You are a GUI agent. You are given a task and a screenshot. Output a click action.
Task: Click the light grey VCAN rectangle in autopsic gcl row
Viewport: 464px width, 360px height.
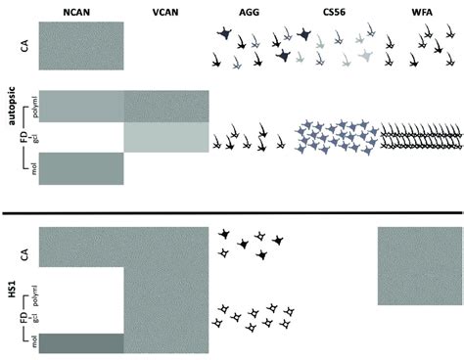click(x=166, y=138)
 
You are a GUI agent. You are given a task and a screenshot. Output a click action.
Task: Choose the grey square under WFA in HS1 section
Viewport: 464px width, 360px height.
click(x=420, y=265)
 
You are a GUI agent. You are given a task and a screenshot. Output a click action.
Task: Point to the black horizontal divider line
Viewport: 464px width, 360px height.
click(x=232, y=212)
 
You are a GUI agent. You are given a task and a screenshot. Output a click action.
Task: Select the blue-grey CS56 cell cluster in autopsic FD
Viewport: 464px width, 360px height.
click(x=337, y=137)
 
